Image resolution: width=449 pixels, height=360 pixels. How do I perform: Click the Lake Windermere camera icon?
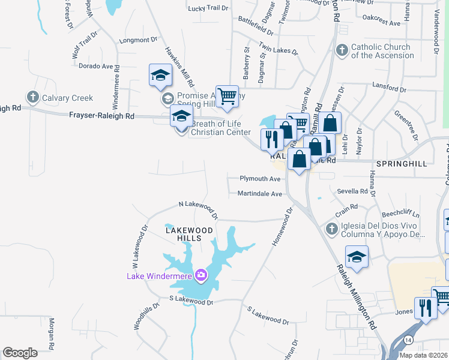(x=200, y=275)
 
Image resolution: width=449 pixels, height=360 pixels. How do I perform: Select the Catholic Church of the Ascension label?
(x=382, y=51)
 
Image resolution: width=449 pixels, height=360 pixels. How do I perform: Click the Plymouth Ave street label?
(x=260, y=179)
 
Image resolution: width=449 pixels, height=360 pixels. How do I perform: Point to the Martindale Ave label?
(x=259, y=194)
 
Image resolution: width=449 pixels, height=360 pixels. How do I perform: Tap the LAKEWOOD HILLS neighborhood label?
(x=189, y=234)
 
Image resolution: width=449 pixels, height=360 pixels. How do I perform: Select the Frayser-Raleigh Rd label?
(x=101, y=115)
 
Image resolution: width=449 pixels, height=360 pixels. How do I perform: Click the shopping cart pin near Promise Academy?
(x=227, y=96)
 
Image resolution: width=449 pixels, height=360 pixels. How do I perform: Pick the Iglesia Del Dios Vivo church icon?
(x=331, y=229)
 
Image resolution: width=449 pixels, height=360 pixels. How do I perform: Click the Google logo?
(x=20, y=353)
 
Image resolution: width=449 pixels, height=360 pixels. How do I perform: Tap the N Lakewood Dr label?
(x=198, y=209)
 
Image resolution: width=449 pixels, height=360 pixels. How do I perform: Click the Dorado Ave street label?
(x=96, y=66)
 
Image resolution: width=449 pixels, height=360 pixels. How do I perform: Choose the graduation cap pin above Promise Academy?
(x=161, y=75)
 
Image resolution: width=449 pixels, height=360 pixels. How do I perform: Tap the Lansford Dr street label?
(x=389, y=88)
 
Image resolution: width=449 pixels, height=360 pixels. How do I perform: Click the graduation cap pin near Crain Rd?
(x=357, y=257)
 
